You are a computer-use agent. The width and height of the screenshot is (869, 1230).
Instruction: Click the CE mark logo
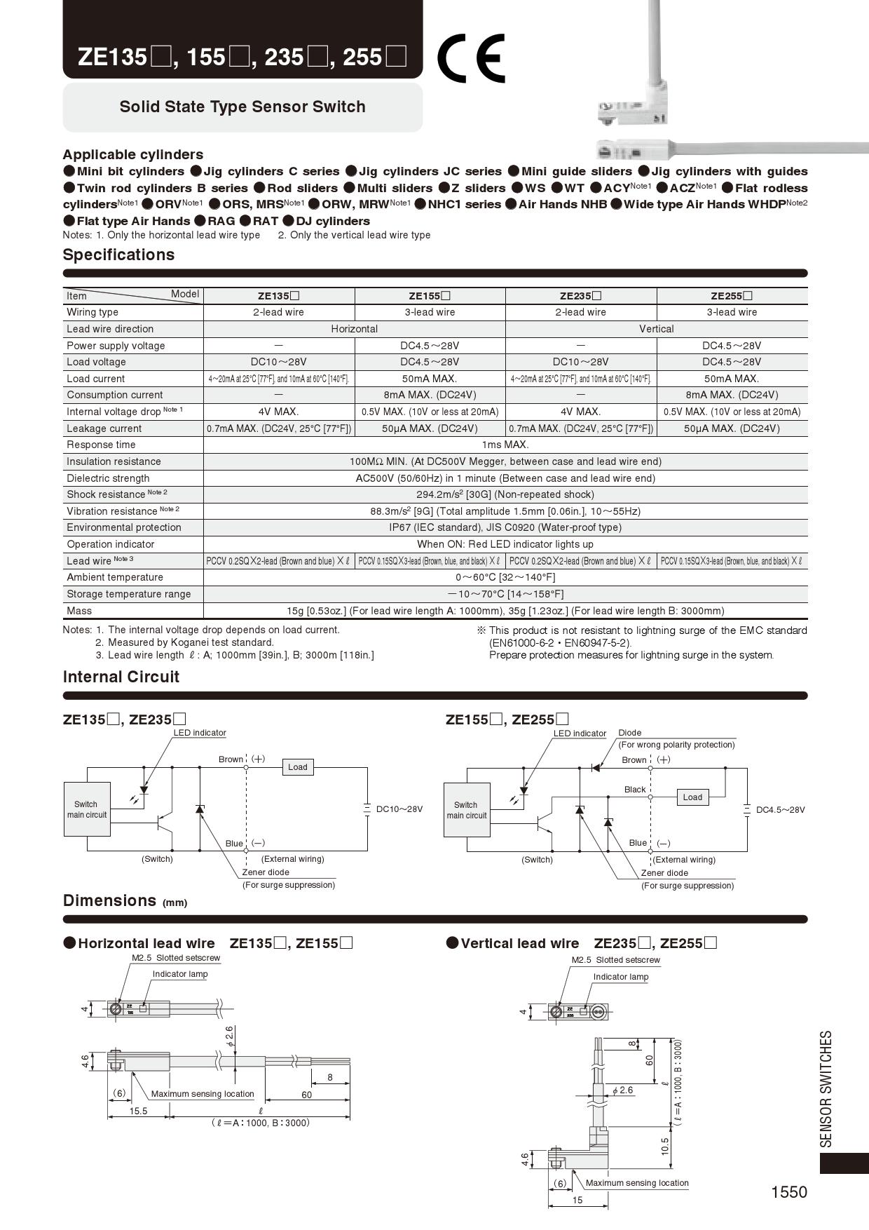pyautogui.click(x=470, y=58)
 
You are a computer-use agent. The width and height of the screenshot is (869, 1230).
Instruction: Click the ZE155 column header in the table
pyautogui.click(x=430, y=296)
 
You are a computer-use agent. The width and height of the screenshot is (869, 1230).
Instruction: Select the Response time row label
pyautogui.click(x=101, y=445)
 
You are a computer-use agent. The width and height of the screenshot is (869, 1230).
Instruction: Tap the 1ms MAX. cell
pyautogui.click(x=505, y=445)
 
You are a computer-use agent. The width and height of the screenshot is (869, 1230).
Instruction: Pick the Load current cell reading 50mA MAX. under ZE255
pyautogui.click(x=732, y=379)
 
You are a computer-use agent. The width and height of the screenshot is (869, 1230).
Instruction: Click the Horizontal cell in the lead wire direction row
pyautogui.click(x=354, y=329)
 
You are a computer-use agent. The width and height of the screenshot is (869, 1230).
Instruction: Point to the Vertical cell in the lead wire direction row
pyautogui.click(x=656, y=329)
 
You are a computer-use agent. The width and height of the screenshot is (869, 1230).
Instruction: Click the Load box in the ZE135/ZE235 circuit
pyautogui.click(x=297, y=767)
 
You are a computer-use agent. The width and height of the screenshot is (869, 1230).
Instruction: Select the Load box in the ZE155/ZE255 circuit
pyautogui.click(x=692, y=797)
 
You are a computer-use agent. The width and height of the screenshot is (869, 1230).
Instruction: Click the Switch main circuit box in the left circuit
pyautogui.click(x=87, y=809)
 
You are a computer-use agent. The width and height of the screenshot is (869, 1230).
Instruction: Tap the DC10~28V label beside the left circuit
pyautogui.click(x=399, y=809)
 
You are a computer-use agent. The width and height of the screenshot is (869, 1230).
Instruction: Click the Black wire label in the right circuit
pyautogui.click(x=635, y=790)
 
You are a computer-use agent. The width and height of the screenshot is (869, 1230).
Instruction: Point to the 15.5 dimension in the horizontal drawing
pyautogui.click(x=138, y=1111)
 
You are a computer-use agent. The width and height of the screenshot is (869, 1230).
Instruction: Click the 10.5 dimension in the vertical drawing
pyautogui.click(x=665, y=1146)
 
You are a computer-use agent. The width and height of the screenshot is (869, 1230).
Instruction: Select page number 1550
pyautogui.click(x=788, y=1192)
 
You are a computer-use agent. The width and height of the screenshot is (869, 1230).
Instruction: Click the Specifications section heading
pyautogui.click(x=118, y=255)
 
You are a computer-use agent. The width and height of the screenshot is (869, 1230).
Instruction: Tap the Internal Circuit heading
pyautogui.click(x=121, y=677)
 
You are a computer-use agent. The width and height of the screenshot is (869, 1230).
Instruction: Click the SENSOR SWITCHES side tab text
pyautogui.click(x=826, y=1088)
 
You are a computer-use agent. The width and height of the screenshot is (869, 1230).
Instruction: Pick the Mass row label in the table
pyautogui.click(x=79, y=611)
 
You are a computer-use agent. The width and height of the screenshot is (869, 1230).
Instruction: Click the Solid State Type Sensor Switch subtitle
pyautogui.click(x=242, y=107)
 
